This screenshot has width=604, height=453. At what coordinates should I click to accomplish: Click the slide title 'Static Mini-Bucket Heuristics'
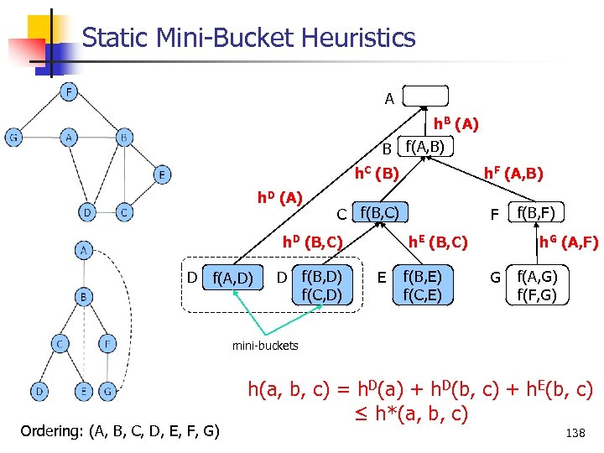click(x=249, y=38)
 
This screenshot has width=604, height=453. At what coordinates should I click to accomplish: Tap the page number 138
click(x=575, y=434)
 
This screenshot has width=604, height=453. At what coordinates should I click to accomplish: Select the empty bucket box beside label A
click(x=424, y=97)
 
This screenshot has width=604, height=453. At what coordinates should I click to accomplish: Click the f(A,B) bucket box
click(x=424, y=148)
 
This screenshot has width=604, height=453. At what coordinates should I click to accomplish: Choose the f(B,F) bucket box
click(x=538, y=211)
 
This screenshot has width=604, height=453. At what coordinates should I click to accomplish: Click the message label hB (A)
click(x=456, y=124)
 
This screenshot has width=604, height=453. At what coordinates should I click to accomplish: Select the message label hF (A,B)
click(x=514, y=174)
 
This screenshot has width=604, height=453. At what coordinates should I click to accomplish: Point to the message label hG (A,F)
click(x=568, y=243)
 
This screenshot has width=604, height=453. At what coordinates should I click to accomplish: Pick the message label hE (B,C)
click(x=437, y=243)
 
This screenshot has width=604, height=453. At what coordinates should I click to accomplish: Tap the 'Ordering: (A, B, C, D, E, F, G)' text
click(x=120, y=432)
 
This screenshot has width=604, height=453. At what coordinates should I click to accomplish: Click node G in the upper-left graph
click(x=14, y=138)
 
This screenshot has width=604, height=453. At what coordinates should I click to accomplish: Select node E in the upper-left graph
click(x=161, y=174)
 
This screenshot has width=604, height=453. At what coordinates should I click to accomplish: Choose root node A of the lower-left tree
click(x=85, y=250)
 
